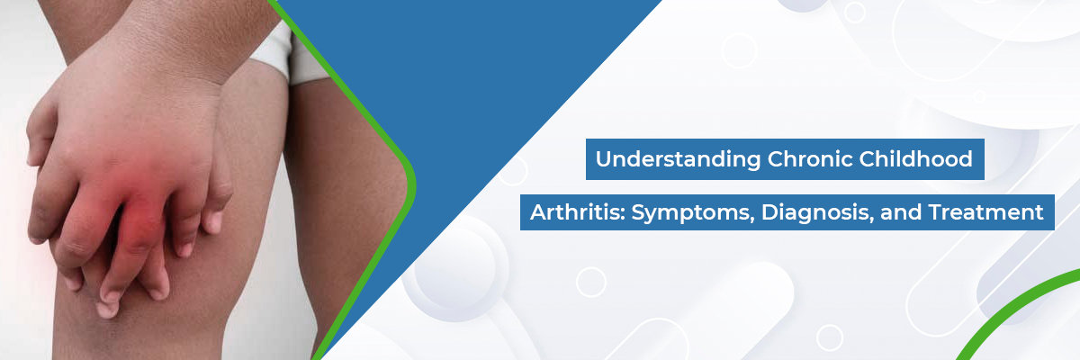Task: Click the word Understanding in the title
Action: coord(678,159)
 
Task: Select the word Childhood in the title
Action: coord(915,158)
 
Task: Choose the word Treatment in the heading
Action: coord(986,212)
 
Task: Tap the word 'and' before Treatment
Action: coord(901,212)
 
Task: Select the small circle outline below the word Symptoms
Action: coord(591,282)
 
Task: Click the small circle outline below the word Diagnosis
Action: coord(829,337)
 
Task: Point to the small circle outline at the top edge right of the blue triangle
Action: coord(854,12)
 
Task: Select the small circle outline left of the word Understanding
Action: coord(513,171)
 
